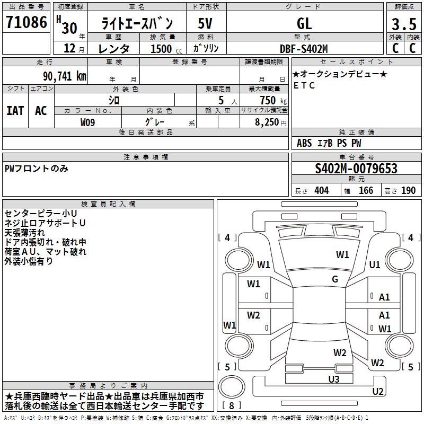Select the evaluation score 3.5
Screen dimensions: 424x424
click(x=403, y=24)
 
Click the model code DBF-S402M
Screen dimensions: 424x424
click(x=304, y=49)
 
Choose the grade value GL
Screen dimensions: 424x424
click(x=304, y=24)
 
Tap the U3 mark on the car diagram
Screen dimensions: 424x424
click(x=333, y=379)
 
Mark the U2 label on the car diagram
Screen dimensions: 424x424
click(x=378, y=392)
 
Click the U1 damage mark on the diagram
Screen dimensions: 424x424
click(x=375, y=264)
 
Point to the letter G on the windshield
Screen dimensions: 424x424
click(x=335, y=279)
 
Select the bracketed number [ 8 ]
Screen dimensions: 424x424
click(x=232, y=405)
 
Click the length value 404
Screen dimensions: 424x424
click(x=321, y=190)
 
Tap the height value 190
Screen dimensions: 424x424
click(x=408, y=190)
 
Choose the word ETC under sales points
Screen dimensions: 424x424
click(x=304, y=85)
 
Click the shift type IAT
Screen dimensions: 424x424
click(x=15, y=111)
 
